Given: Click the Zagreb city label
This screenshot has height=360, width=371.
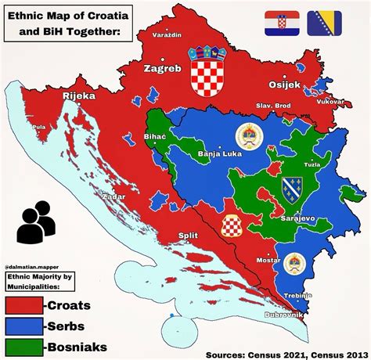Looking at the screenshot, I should (x=162, y=69).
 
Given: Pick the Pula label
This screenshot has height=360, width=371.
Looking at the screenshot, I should (x=37, y=126).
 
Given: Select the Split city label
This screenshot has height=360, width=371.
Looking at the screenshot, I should (x=187, y=234).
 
